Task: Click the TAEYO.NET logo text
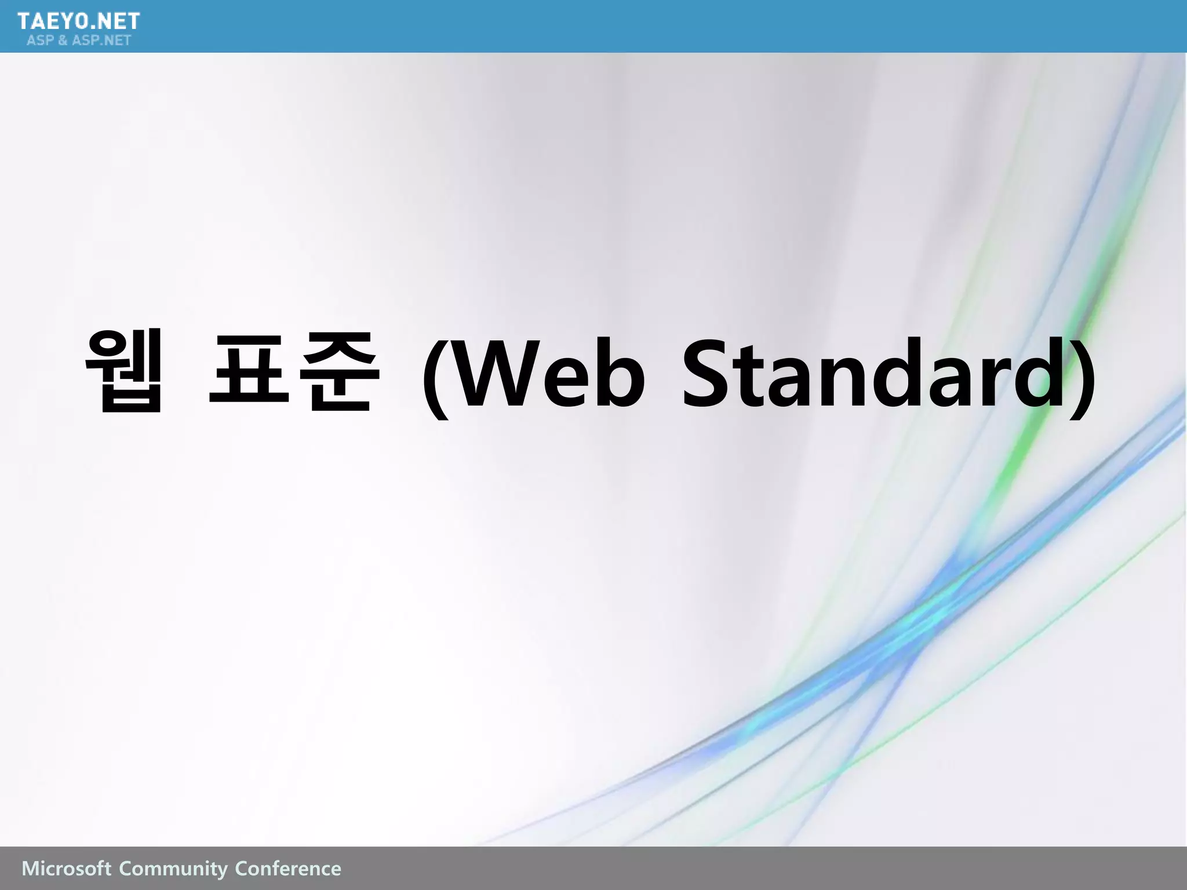79,21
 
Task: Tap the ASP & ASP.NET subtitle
79,41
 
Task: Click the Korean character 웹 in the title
124,371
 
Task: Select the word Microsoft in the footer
66,869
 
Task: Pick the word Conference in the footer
288,869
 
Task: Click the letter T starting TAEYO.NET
25,21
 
